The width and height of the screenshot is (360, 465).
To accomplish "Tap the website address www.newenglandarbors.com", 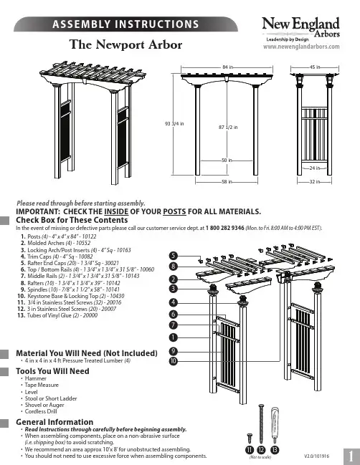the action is (x=301, y=47).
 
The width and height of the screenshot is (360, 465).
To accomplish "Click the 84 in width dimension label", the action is (x=227, y=67).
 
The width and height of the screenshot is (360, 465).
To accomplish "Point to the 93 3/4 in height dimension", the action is (x=174, y=124).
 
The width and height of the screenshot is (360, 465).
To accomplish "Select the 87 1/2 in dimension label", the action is (x=228, y=128).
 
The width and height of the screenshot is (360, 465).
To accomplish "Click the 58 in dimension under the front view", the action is (x=227, y=181).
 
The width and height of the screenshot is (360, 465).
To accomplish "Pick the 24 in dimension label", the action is (x=315, y=168).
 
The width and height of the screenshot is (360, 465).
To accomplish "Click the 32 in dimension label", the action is (x=315, y=181).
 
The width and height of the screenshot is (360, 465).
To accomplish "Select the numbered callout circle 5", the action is (x=174, y=256).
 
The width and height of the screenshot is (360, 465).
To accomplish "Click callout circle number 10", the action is (x=174, y=361).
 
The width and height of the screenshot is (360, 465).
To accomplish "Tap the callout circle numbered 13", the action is (x=275, y=450).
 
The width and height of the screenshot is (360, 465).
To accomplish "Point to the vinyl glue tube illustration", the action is (x=275, y=425).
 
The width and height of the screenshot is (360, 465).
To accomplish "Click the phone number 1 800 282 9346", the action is (x=224, y=228).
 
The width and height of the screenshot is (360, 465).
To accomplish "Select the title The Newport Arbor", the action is (x=125, y=44).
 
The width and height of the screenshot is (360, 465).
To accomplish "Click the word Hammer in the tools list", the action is (x=36, y=378).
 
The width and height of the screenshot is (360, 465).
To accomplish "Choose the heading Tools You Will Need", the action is (x=52, y=371).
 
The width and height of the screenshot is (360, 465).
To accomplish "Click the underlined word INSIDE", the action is (x=116, y=212).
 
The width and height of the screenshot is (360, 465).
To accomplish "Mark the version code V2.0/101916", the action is (x=317, y=456).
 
